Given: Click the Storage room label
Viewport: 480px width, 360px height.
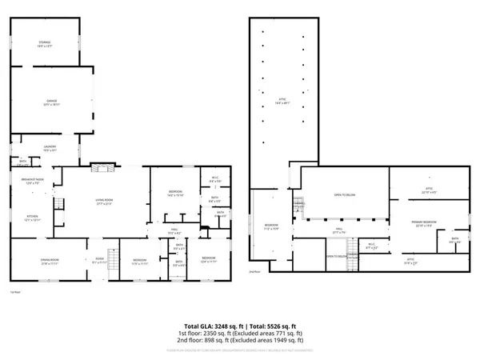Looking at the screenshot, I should click(45, 46).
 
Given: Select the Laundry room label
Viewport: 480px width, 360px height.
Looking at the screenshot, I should click(49, 148).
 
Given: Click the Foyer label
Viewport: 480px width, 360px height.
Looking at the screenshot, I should click(100, 260).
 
